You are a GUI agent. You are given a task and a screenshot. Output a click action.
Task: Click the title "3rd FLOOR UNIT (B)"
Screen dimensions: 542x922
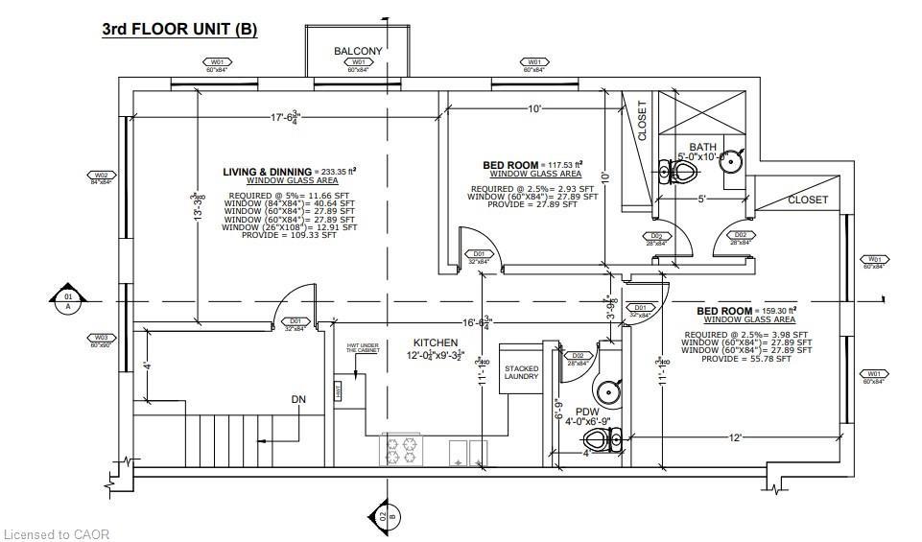pos(179,29)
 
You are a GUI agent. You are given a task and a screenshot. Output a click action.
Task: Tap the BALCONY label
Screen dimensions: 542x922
pos(358,51)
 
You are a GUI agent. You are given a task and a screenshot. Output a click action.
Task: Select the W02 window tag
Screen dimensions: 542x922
pos(101,177)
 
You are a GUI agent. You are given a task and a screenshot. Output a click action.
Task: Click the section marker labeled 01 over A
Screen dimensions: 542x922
pos(68,300)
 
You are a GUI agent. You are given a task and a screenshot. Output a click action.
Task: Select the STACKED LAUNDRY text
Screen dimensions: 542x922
pos(522,373)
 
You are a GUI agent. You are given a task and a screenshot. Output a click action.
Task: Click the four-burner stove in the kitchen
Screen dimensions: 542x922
pos(404,448)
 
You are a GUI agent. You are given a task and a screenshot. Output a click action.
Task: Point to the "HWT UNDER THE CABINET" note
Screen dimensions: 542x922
pos(363,349)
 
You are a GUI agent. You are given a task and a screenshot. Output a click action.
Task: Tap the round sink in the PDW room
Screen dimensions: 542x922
pos(607,391)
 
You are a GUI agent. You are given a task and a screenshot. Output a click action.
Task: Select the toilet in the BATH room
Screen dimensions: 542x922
pos(680,173)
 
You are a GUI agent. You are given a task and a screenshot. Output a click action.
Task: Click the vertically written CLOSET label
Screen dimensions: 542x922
pos(642,121)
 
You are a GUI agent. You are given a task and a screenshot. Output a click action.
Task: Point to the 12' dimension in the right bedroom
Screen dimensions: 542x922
pos(734,436)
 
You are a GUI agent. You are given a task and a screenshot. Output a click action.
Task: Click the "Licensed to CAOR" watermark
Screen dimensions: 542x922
pos(57,533)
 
